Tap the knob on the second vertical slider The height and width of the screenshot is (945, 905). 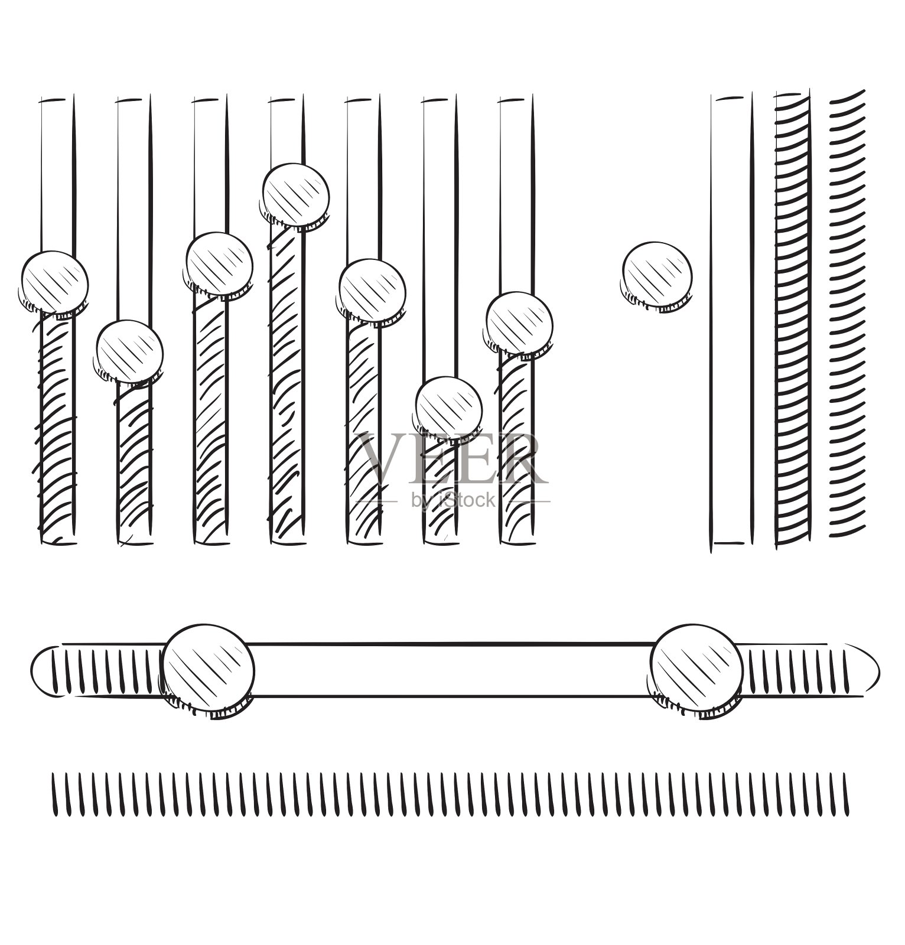[129, 353]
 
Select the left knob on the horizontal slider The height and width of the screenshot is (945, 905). [209, 670]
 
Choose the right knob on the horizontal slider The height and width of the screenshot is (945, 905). [696, 670]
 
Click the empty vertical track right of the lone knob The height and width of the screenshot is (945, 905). [733, 322]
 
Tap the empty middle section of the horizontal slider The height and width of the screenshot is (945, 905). [452, 670]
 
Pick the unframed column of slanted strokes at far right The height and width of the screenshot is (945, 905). [847, 314]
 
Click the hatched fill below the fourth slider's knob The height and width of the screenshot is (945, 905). [288, 384]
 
